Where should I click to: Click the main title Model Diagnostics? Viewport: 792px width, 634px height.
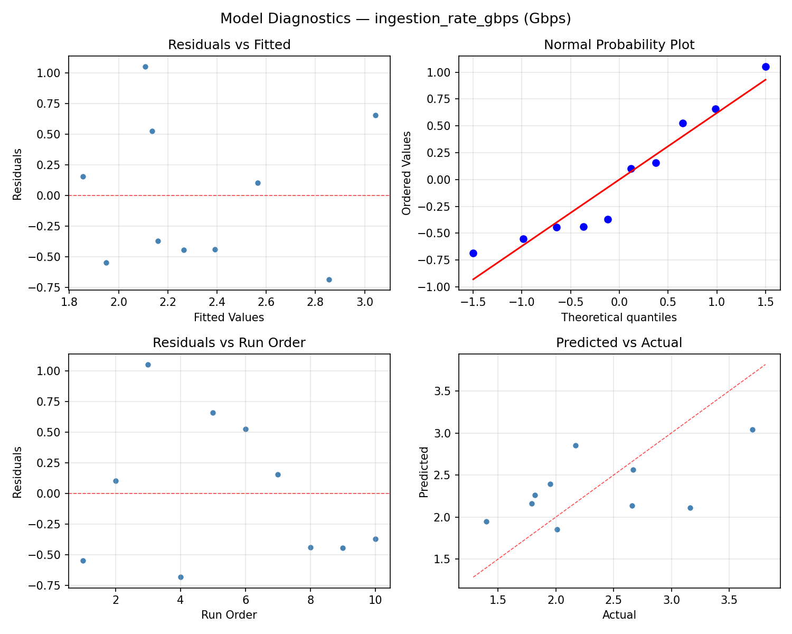point(395,18)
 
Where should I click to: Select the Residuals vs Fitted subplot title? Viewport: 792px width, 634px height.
point(229,45)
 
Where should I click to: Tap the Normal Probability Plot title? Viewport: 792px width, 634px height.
point(619,45)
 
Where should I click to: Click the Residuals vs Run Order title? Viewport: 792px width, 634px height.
point(229,343)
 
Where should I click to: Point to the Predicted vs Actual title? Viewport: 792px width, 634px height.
point(619,343)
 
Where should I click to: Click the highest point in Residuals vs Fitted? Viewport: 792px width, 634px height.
point(145,67)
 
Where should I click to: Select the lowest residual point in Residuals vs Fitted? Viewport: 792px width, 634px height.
point(329,279)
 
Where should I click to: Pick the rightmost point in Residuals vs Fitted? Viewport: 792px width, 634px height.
point(375,115)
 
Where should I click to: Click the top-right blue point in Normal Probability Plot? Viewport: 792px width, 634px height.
point(766,67)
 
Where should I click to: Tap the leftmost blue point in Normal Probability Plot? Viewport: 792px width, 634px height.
point(473,253)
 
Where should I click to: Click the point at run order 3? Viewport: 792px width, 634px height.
point(148,365)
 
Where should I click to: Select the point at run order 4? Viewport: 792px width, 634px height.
point(181,577)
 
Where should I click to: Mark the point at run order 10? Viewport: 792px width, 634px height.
point(375,539)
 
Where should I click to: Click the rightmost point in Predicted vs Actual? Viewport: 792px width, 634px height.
point(752,430)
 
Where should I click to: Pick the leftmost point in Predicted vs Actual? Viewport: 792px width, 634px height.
point(486,521)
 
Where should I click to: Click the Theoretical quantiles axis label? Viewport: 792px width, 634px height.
point(619,318)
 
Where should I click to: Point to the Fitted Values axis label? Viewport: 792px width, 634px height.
point(229,318)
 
